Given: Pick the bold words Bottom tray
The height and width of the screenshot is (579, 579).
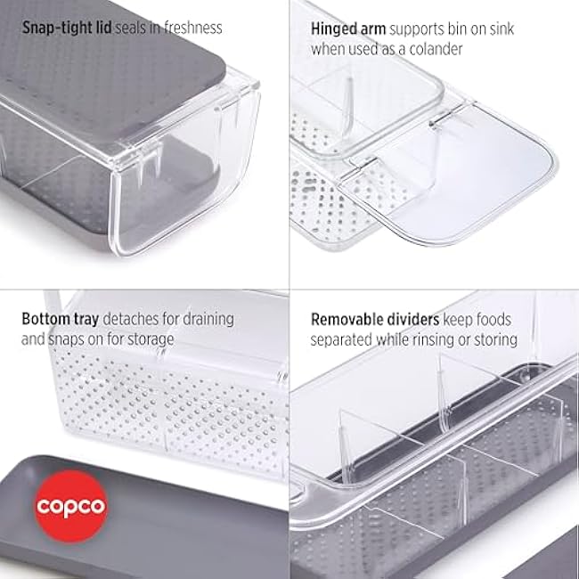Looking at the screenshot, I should click(x=61, y=318).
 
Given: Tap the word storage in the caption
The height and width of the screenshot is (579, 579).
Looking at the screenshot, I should click(x=151, y=338).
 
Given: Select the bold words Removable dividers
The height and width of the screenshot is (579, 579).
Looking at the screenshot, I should click(x=373, y=318).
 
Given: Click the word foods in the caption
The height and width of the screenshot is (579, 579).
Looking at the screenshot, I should click(x=495, y=318).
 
